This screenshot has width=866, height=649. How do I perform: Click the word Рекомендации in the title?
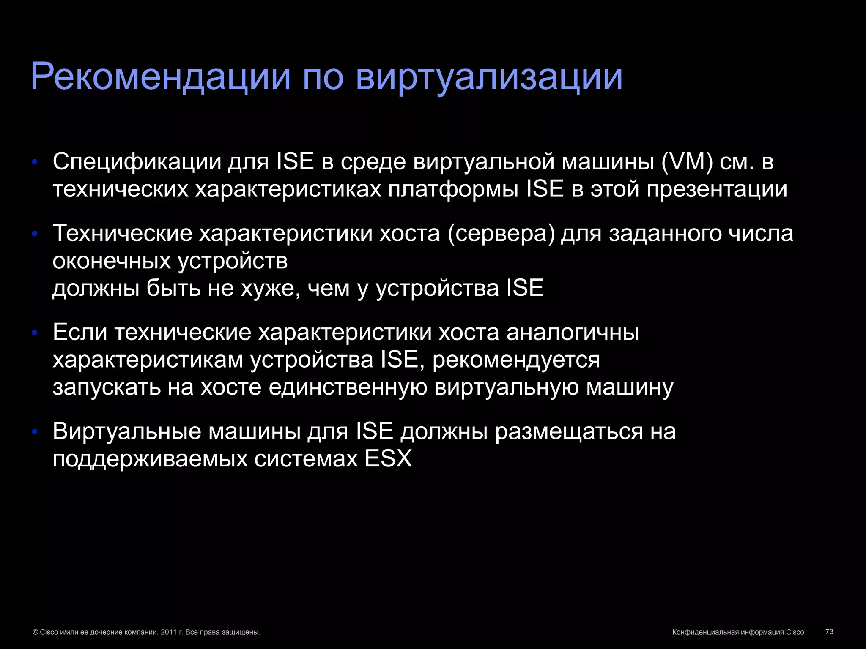click(x=161, y=77)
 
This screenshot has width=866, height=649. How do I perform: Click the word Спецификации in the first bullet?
click(x=137, y=162)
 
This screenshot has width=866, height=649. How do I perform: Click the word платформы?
click(x=453, y=189)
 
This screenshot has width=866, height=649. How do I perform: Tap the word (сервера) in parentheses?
click(x=501, y=234)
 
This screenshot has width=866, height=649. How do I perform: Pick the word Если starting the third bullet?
click(x=80, y=333)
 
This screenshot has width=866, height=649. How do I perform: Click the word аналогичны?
click(x=573, y=333)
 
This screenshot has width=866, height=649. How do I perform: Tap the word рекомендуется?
click(x=516, y=360)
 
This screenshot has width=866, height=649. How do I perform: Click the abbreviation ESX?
click(x=388, y=459)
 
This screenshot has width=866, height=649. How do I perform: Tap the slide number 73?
click(x=829, y=632)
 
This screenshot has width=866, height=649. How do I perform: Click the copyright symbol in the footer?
click(x=36, y=632)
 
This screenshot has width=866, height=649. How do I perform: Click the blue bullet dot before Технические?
click(x=35, y=234)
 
